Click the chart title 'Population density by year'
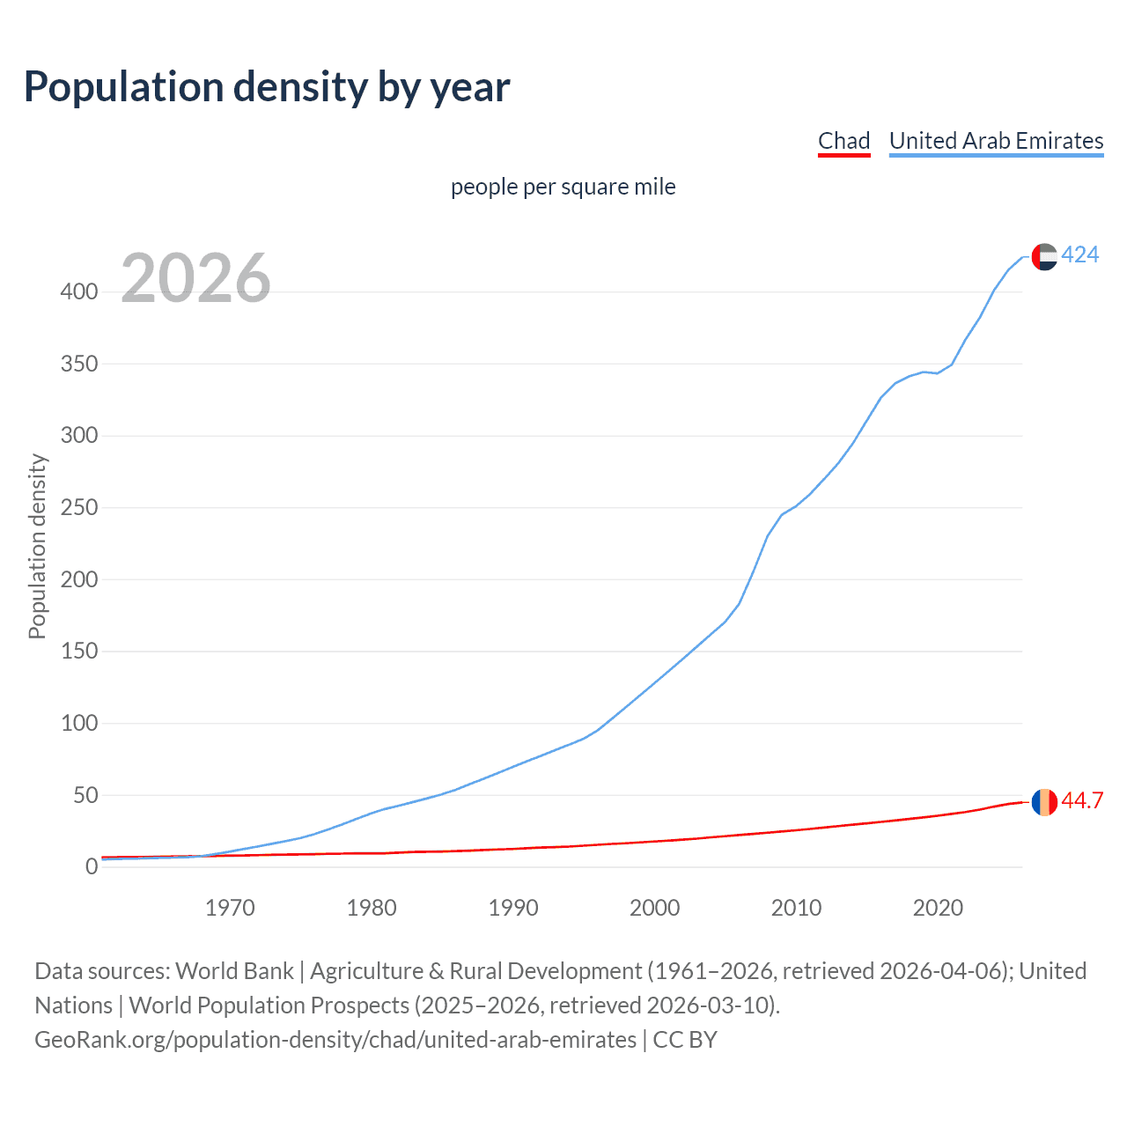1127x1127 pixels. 267,87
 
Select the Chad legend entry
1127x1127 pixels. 843,141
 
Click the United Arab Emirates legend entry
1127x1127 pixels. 996,141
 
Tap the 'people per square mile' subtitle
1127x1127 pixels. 563,187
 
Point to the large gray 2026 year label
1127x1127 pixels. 195,278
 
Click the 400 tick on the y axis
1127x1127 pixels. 78,291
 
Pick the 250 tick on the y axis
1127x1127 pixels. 78,508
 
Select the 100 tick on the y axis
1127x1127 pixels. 78,724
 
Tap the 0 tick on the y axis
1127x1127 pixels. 92,867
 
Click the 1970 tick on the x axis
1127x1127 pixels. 230,908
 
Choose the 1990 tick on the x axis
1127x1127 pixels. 513,908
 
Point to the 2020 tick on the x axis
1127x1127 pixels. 938,908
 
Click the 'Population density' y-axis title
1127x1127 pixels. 37,546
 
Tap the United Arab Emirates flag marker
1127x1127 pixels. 1044,256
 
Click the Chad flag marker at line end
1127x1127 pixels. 1044,802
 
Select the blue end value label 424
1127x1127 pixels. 1079,254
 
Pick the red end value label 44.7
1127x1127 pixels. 1082,800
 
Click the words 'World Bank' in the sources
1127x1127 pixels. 234,970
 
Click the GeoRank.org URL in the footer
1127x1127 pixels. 335,1040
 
